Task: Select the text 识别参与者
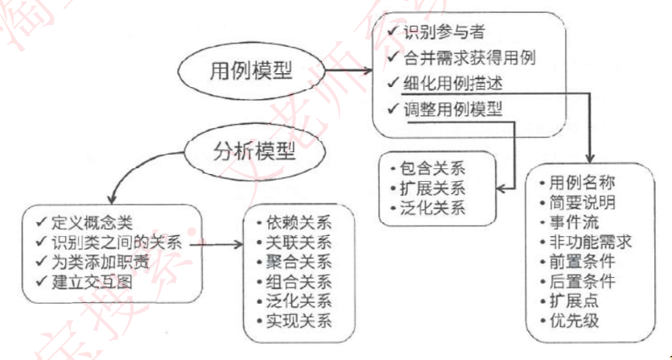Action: pyautogui.click(x=445, y=32)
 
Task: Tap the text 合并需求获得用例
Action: pyautogui.click(x=469, y=57)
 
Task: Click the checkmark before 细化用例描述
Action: pyautogui.click(x=393, y=83)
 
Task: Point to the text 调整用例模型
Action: pyautogui.click(x=452, y=110)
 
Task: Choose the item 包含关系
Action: pyautogui.click(x=432, y=168)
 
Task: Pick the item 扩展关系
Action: pyautogui.click(x=432, y=188)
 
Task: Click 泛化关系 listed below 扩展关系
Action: pyautogui.click(x=432, y=208)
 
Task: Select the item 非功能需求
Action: pyautogui.click(x=591, y=242)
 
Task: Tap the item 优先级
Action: pyautogui.click(x=574, y=321)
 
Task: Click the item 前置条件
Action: pyautogui.click(x=582, y=262)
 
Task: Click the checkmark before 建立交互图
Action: pyautogui.click(x=42, y=282)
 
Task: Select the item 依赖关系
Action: pyautogui.click(x=299, y=224)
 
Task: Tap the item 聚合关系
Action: pyautogui.click(x=299, y=263)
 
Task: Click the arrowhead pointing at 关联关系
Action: pyautogui.click(x=238, y=245)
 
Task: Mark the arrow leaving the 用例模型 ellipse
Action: pyautogui.click(x=348, y=70)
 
